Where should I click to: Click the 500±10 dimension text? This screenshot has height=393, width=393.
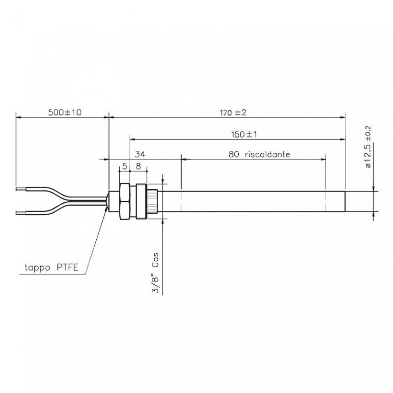[64, 112]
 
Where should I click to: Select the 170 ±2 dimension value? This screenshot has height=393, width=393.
[232, 112]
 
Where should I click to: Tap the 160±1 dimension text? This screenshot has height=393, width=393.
[244, 134]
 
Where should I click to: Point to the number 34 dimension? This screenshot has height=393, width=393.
[140, 154]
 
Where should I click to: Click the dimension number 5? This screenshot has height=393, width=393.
[125, 167]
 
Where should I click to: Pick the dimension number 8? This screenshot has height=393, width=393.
[139, 167]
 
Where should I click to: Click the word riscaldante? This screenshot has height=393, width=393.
[266, 154]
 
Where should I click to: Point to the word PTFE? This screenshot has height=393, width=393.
[73, 268]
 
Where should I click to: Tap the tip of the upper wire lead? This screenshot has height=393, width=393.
[18, 188]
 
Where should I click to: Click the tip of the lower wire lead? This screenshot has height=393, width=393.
[18, 213]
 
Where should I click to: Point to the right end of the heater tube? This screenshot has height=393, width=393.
[345, 201]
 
